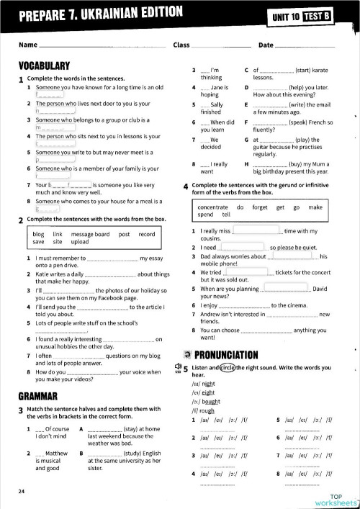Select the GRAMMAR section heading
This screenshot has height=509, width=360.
37,396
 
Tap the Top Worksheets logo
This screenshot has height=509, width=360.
336,497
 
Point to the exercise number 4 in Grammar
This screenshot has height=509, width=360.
188,186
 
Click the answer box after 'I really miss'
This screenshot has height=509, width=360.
256,231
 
